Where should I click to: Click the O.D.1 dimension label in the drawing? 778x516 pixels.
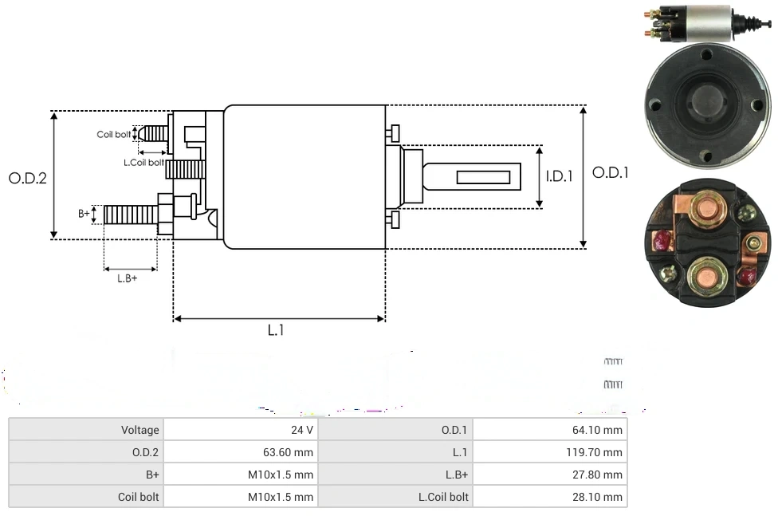pyautogui.click(x=610, y=172)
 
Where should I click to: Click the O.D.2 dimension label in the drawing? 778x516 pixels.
pyautogui.click(x=28, y=178)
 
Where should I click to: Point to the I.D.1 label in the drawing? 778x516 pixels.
pyautogui.click(x=559, y=176)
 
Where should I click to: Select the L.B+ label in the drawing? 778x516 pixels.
pyautogui.click(x=128, y=278)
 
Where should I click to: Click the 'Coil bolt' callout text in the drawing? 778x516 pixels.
pyautogui.click(x=114, y=134)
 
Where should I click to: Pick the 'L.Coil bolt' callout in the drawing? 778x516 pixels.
pyautogui.click(x=143, y=162)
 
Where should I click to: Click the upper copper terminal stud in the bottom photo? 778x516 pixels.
pyautogui.click(x=705, y=209)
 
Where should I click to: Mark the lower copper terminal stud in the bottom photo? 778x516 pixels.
pyautogui.click(x=705, y=277)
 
